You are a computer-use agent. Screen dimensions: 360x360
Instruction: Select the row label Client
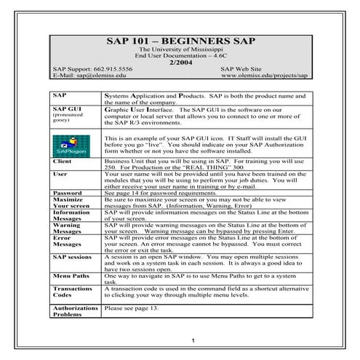pyautogui.click(x=64, y=161)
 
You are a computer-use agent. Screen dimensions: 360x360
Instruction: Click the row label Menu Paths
pyautogui.click(x=71, y=277)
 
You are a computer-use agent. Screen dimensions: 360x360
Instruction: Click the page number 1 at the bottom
pyautogui.click(x=191, y=341)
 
